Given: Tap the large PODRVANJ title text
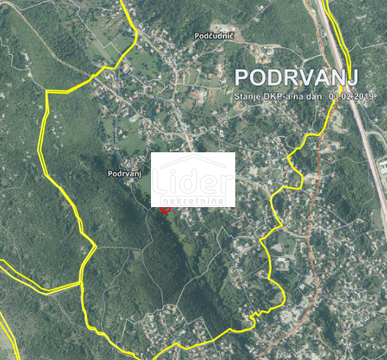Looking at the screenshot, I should coord(296,76).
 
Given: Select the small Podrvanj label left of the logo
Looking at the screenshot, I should coord(126,173).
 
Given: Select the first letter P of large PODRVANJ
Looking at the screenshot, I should coord(241,76).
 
